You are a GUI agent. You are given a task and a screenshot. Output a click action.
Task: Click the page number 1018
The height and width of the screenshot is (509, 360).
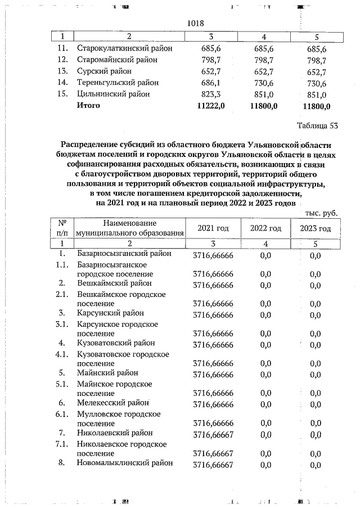coord(195,24)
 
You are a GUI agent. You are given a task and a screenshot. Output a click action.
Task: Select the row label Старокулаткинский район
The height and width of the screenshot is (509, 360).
coord(124,48)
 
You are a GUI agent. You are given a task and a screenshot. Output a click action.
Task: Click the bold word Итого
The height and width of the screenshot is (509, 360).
coord(88,105)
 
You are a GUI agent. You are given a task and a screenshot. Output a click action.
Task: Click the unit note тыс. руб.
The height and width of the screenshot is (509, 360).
coord(321,213)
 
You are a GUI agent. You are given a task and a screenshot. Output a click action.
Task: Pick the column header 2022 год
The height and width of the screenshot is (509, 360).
coord(265,228)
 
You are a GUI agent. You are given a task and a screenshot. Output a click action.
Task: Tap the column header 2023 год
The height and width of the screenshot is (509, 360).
coord(315,228)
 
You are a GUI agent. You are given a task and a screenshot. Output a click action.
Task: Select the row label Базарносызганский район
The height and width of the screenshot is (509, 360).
coord(125,254)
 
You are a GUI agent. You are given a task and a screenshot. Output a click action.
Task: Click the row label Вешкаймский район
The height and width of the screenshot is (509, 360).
coord(114,283)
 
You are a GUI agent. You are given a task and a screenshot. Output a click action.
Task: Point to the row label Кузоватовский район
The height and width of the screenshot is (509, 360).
coord(118,343)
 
